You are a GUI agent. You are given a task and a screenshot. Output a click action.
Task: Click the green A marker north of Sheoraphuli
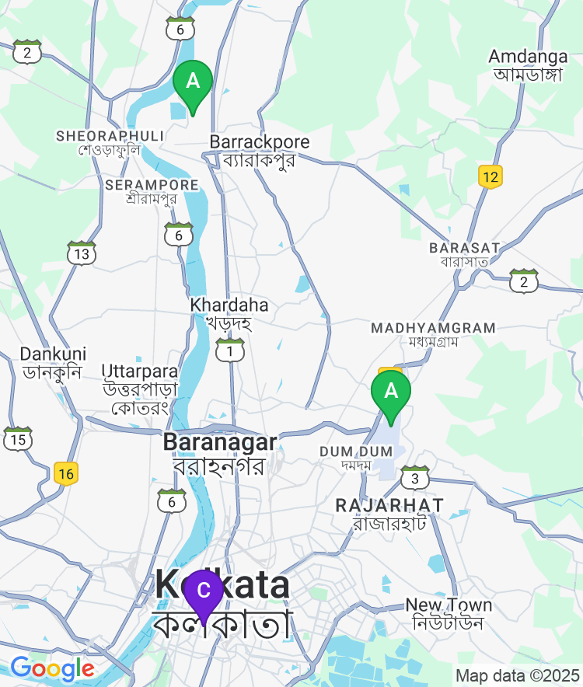192,82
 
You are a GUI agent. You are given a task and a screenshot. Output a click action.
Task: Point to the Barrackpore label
260,151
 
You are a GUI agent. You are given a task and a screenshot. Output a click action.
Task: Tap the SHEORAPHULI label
110,142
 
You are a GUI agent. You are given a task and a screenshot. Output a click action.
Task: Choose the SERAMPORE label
152,191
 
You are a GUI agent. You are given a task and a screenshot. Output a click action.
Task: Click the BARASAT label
464,254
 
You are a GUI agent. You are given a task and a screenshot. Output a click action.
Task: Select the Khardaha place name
229,312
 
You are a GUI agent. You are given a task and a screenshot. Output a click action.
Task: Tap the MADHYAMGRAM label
433,334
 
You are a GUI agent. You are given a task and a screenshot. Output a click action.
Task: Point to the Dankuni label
53,362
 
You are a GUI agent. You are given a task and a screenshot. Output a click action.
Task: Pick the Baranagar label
220,453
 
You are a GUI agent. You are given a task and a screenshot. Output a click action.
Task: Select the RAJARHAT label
389,513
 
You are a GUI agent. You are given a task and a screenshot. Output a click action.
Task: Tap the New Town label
449,613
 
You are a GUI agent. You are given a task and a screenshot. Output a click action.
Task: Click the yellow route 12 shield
490,176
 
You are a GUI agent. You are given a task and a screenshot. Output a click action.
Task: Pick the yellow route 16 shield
67,473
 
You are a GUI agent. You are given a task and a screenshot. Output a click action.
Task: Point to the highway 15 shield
18,439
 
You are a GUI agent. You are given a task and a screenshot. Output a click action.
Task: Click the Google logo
52,668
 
